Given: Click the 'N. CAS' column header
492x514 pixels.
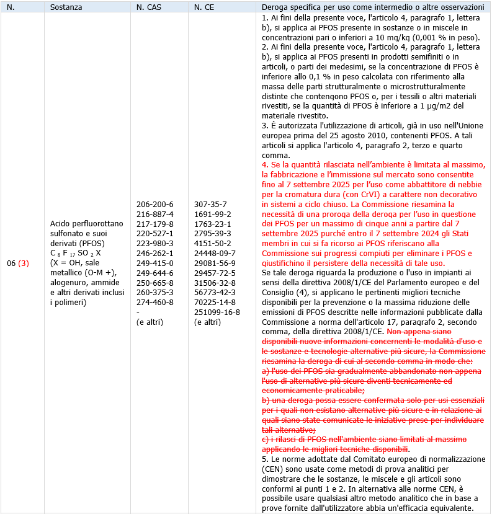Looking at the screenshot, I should pyautogui.click(x=149, y=7).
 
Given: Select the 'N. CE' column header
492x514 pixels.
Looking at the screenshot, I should pyautogui.click(x=205, y=7).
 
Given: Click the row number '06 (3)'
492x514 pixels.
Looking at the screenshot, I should pyautogui.click(x=18, y=263).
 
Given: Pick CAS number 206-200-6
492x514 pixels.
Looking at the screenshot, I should pyautogui.click(x=155, y=204).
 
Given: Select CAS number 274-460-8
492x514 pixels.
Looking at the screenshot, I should pyautogui.click(x=155, y=302).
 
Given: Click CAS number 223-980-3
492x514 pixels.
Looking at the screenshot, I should pyautogui.click(x=155, y=243).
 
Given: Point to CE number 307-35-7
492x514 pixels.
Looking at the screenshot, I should pyautogui.click(x=210, y=204).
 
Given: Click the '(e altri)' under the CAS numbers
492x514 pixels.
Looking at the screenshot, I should pyautogui.click(x=153, y=322).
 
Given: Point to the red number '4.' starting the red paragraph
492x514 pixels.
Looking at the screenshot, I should pyautogui.click(x=266, y=164).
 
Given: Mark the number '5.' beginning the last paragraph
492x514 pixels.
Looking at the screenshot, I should pyautogui.click(x=266, y=459).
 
